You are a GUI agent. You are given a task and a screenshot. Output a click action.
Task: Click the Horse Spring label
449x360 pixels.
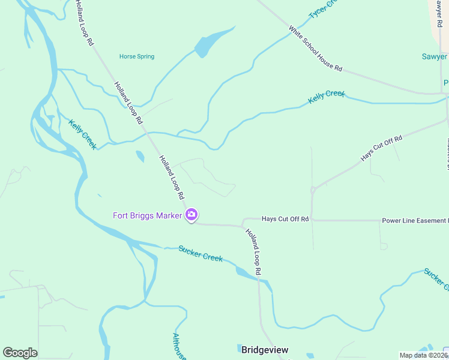(136, 56)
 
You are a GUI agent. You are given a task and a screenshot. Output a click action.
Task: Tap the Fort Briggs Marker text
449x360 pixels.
(147, 215)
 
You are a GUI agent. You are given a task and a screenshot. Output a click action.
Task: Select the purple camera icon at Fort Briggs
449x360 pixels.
(191, 215)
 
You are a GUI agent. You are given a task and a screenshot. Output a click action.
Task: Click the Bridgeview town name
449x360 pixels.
(265, 349)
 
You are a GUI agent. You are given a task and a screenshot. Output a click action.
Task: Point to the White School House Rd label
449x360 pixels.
(315, 48)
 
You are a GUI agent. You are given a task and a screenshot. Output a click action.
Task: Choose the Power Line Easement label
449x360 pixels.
(414, 221)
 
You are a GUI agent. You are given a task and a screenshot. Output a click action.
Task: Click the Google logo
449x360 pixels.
(20, 353)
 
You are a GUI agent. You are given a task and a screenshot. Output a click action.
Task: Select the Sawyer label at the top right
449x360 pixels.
(435, 56)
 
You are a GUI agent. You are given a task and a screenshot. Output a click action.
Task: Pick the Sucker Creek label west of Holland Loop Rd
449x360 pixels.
(200, 253)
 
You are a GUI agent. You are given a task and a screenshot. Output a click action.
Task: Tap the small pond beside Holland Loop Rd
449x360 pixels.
(140, 157)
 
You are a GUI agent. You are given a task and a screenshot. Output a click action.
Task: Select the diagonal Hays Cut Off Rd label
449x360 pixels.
(381, 148)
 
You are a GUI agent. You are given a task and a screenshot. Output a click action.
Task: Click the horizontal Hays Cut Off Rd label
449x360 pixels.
(285, 219)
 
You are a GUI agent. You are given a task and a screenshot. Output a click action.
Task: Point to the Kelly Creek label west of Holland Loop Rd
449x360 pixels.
(82, 134)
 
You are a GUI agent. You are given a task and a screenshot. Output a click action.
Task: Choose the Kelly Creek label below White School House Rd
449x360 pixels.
(327, 96)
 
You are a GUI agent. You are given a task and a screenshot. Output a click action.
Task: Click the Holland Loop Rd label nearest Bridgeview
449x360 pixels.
(254, 252)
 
